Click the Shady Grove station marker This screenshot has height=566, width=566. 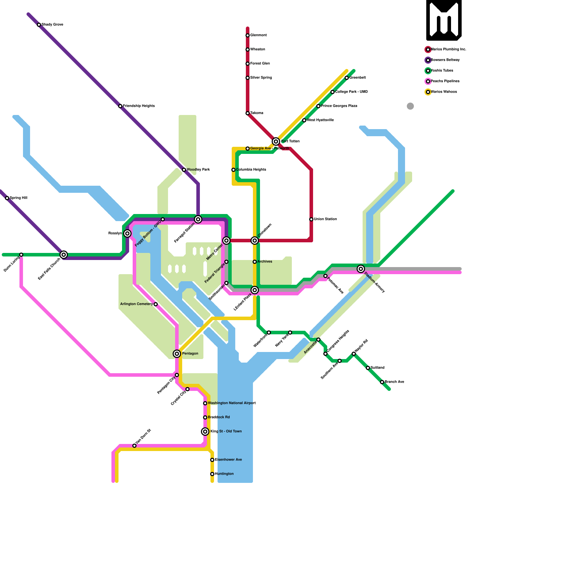pyautogui.click(x=39, y=25)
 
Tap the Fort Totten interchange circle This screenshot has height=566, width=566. pyautogui.click(x=276, y=141)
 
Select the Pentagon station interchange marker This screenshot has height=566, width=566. pyautogui.click(x=177, y=354)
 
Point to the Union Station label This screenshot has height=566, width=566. pyautogui.click(x=325, y=219)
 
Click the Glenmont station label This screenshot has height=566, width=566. pyautogui.click(x=258, y=35)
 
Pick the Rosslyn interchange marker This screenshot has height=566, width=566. pyautogui.click(x=127, y=233)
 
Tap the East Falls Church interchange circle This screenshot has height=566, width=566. pyautogui.click(x=64, y=255)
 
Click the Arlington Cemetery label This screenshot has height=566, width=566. pyautogui.click(x=137, y=304)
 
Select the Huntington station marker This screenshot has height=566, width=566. pyautogui.click(x=212, y=474)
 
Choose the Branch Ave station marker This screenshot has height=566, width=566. pyautogui.click(x=382, y=382)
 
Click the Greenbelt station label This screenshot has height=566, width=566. pyautogui.click(x=357, y=78)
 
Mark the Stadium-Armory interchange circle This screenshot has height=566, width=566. pyautogui.click(x=361, y=269)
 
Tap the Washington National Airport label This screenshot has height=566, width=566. pyautogui.click(x=232, y=403)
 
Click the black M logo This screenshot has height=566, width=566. pyautogui.click(x=444, y=20)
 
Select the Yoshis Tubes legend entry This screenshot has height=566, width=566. pyautogui.click(x=442, y=71)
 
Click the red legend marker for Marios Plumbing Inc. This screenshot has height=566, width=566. pyautogui.click(x=428, y=50)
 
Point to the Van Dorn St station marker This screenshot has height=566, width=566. pyautogui.click(x=134, y=446)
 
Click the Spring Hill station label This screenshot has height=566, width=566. pyautogui.click(x=18, y=198)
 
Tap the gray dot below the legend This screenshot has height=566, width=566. pyautogui.click(x=410, y=106)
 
